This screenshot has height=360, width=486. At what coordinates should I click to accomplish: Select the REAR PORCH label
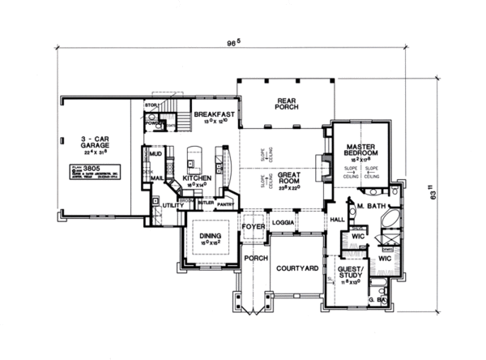[x=266, y=103]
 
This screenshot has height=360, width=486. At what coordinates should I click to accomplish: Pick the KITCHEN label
[x=197, y=177]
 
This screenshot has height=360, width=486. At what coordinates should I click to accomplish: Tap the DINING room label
[x=209, y=235]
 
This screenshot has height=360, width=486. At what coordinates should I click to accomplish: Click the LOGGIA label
[x=283, y=220]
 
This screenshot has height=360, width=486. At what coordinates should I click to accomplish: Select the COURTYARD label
[x=296, y=267]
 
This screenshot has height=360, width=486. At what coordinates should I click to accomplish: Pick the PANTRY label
[x=225, y=205]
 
